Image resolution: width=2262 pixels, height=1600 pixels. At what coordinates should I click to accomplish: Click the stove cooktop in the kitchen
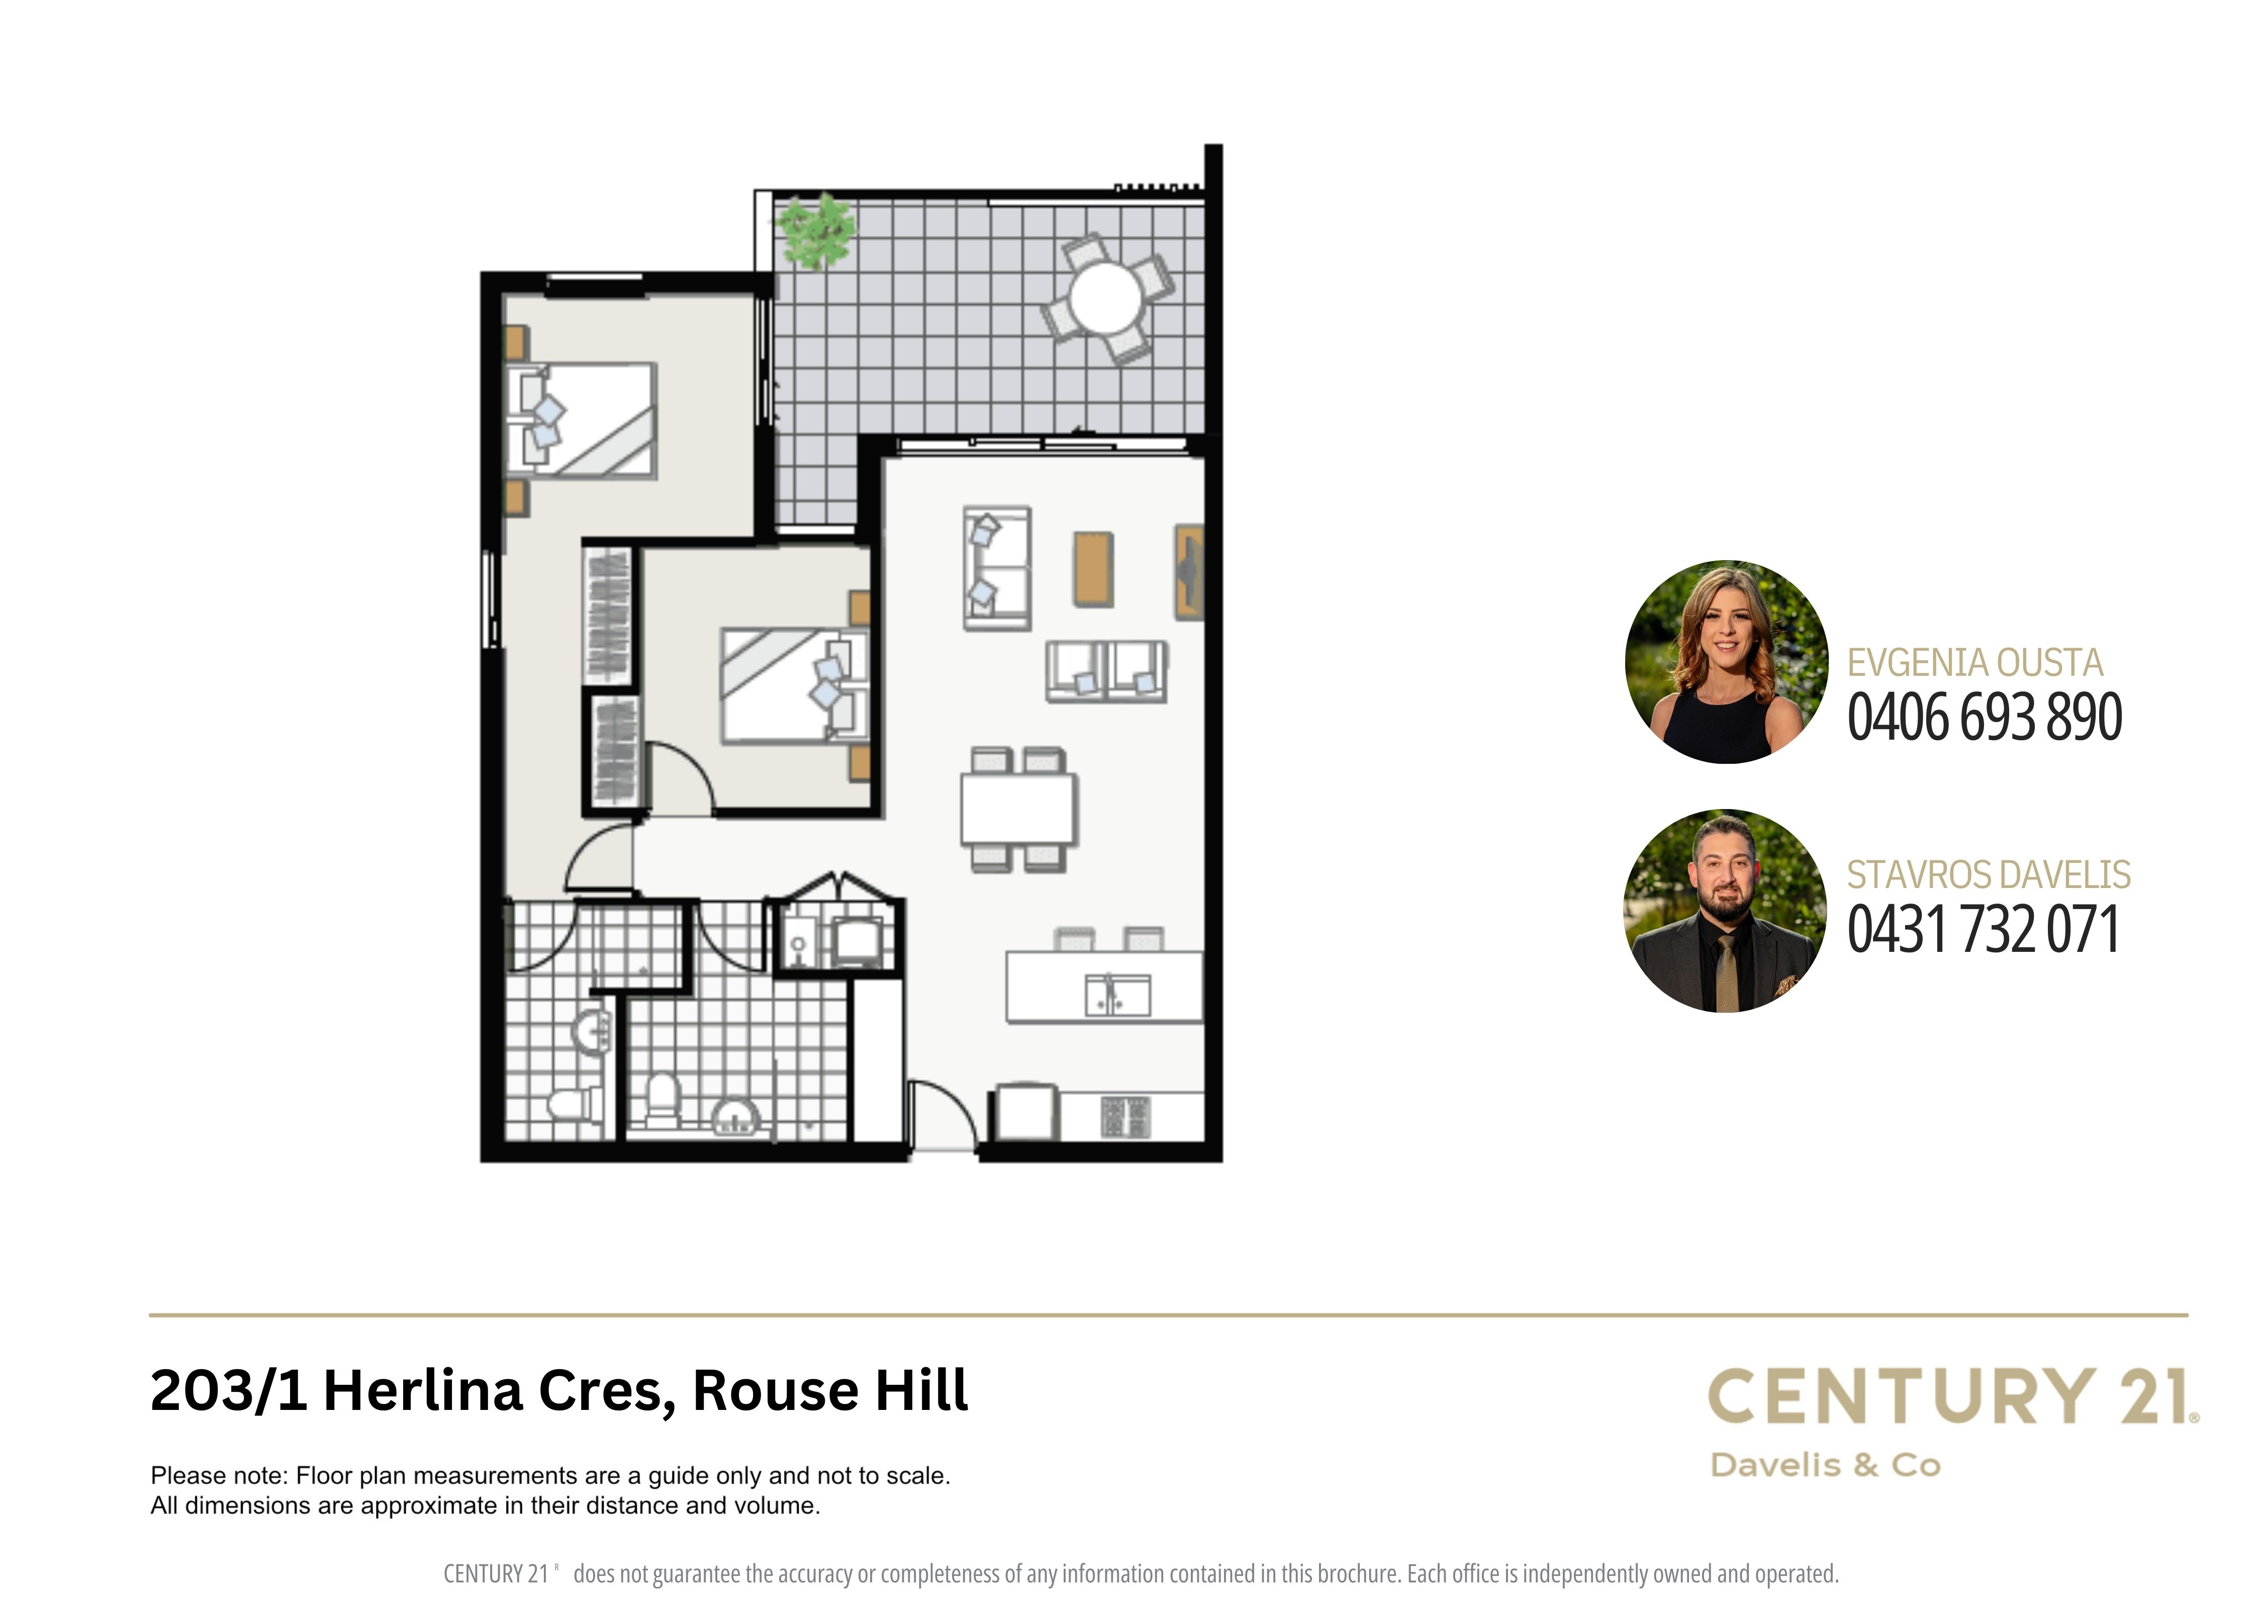1125,1116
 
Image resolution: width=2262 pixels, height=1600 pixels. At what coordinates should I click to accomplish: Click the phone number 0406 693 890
1983,716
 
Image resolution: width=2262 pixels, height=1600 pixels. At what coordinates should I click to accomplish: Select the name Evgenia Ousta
1974,663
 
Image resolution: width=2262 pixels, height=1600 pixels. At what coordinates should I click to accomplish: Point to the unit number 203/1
229,1391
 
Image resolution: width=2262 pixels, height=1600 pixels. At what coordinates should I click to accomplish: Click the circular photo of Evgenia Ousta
1726,662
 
